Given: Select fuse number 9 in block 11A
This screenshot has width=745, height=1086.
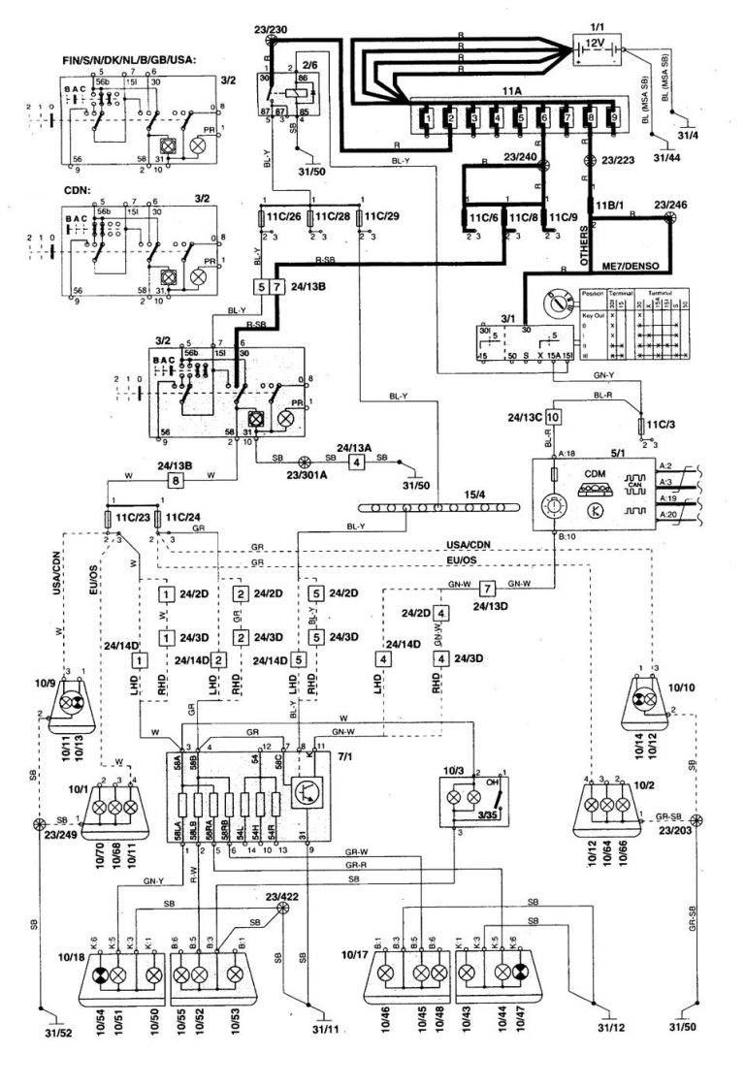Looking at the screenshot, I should (613, 121).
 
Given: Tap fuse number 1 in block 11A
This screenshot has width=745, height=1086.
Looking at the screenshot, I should (424, 121).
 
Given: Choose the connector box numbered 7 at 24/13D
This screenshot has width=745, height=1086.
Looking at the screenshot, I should (488, 589).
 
